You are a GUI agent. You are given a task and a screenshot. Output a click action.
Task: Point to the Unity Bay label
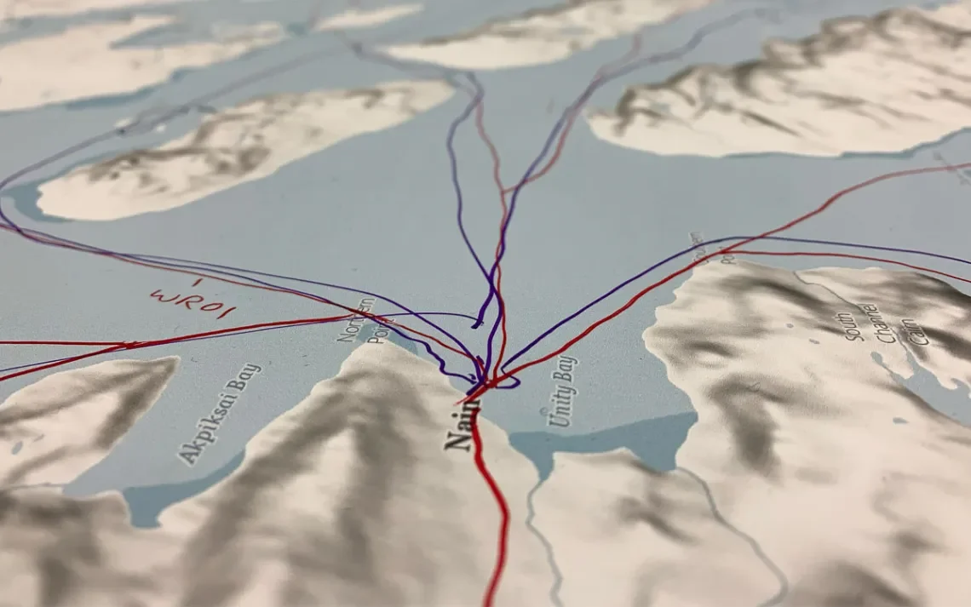(x=562, y=392)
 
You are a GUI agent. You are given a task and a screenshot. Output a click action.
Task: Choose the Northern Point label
(x=357, y=320)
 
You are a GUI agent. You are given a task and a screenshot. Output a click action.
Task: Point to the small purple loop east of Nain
(x=508, y=382)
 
